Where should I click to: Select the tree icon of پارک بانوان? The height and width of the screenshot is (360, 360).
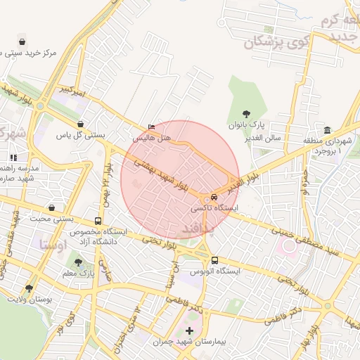245,113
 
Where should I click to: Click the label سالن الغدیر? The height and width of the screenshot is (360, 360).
264,137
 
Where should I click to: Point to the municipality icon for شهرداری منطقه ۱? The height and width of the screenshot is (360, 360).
328,131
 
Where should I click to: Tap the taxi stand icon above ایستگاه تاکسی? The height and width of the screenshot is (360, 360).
214,198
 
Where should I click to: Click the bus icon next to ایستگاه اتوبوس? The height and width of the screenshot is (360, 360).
214,260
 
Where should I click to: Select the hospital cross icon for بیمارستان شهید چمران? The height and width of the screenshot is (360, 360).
188,330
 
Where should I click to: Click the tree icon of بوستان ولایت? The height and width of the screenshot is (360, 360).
29,288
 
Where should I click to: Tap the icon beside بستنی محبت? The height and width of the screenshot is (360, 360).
53,208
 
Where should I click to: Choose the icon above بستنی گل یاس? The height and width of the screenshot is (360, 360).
82,123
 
